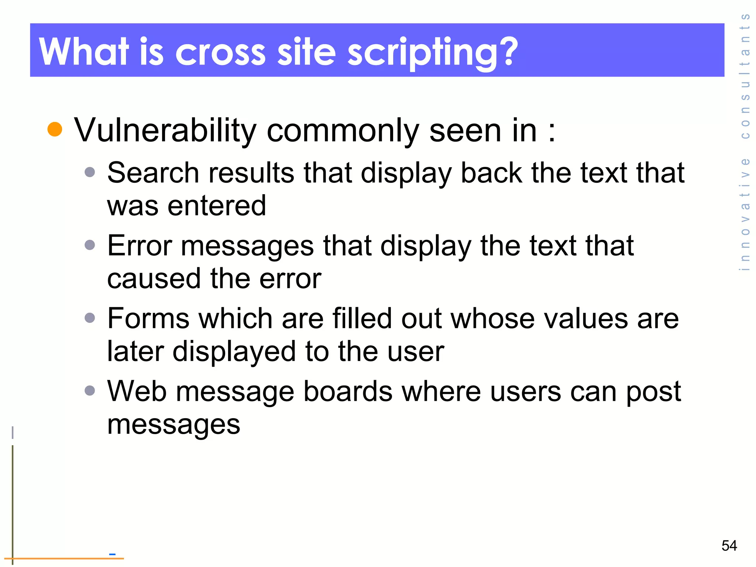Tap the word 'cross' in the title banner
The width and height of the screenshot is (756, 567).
pos(220,52)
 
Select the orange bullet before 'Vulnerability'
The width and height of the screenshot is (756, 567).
pos(55,129)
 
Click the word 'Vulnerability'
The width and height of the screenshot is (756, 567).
pos(165,131)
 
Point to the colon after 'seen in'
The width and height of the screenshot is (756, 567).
pos(551,131)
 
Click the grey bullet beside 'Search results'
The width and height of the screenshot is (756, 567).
pos(90,172)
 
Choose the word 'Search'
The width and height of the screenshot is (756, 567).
pos(153,173)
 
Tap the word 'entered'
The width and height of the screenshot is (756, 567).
pos(217,206)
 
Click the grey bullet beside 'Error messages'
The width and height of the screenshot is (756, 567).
pos(90,245)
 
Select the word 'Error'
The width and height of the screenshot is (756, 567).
pos(140,245)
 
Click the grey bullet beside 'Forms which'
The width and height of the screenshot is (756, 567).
pos(90,317)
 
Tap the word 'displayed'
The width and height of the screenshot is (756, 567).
pos(234,352)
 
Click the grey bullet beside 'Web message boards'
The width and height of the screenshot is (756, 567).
pos(90,390)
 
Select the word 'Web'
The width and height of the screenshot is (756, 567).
pos(137,391)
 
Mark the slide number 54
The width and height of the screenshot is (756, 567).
pos(729,546)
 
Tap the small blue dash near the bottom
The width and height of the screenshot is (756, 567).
pos(113,554)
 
